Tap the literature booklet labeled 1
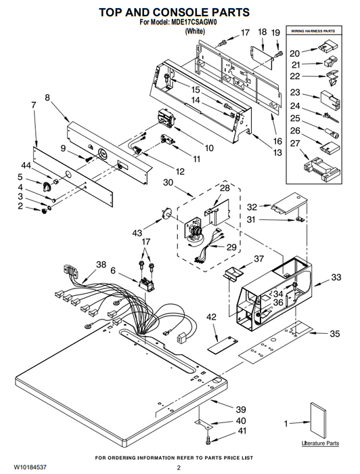(318, 421)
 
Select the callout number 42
(211, 317)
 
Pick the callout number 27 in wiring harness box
(295, 144)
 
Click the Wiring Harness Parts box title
(313, 31)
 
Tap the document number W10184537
(30, 467)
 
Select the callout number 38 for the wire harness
(102, 265)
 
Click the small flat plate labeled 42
(223, 344)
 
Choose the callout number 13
(277, 152)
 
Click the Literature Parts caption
(320, 443)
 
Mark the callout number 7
(34, 105)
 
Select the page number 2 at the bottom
(179, 468)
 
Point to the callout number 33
(336, 277)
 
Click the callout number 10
(209, 148)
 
